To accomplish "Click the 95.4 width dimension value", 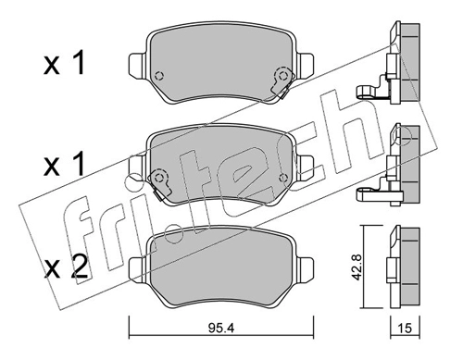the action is (x=221, y=328).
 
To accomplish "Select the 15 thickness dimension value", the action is (x=405, y=329).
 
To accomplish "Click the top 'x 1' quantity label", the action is (x=64, y=64).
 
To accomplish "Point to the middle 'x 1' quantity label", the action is (x=64, y=165).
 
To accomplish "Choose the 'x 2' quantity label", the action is (x=66, y=267).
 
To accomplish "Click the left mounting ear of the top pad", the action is (x=137, y=66).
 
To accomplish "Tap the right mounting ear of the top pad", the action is (x=306, y=65).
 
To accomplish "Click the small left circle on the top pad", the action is (x=159, y=76).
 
